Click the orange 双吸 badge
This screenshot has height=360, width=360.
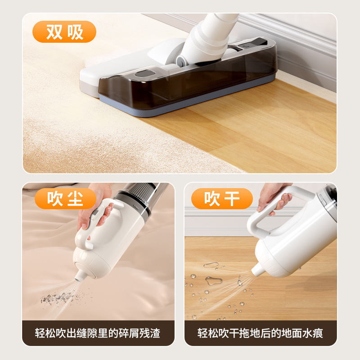tap(64, 31)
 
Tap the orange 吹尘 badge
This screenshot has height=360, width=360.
tap(65, 198)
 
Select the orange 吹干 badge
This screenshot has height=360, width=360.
tap(222, 198)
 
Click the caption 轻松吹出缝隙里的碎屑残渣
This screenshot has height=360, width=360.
tap(98, 333)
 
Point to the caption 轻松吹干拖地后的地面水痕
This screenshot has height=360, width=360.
tap(260, 333)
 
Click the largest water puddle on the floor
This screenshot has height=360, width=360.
tap(214, 280)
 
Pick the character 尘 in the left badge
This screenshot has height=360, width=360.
tap(76, 198)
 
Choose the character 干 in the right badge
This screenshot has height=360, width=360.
tap(232, 198)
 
